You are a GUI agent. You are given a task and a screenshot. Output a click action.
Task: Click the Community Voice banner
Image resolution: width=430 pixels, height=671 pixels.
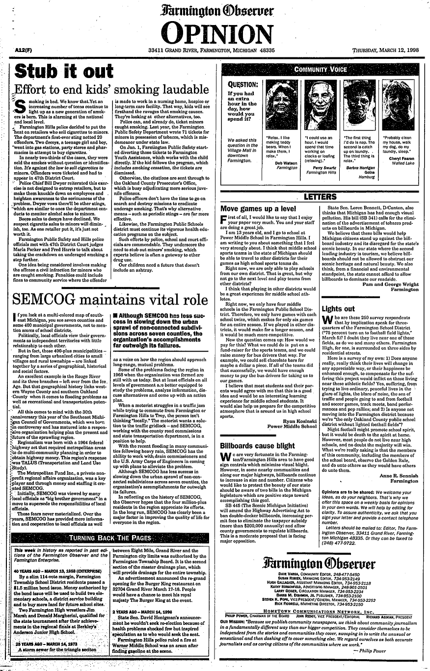coord(321,70)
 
